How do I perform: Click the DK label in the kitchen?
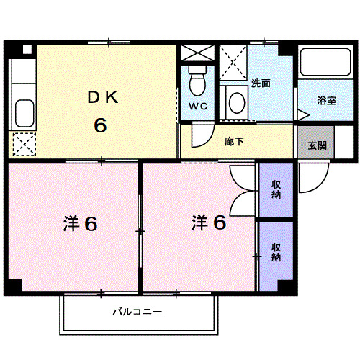(x=99, y=97)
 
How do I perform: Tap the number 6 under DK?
(x=99, y=125)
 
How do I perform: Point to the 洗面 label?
(x=261, y=83)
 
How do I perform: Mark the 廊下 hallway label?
(x=234, y=142)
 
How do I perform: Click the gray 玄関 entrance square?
(x=317, y=144)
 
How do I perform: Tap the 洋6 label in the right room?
(x=209, y=223)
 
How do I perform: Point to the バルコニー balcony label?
(x=137, y=312)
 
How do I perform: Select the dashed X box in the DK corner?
(x=24, y=144)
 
